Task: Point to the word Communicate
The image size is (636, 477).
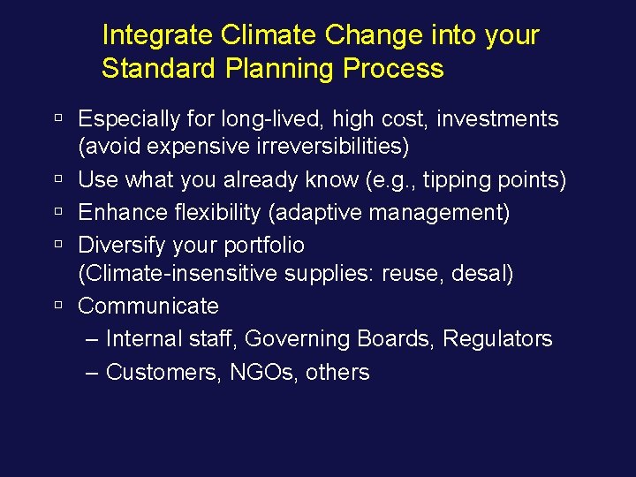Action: pos(148,307)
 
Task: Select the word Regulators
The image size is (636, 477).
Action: pos(497,339)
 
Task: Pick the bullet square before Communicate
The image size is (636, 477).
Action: pos(58,306)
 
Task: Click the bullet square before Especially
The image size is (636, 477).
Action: pos(58,118)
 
